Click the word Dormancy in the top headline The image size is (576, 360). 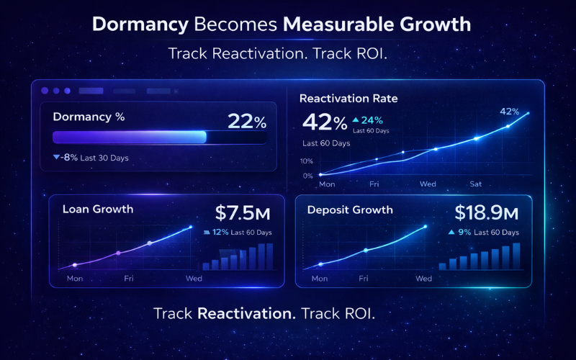tap(140, 24)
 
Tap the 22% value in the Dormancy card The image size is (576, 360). tap(247, 122)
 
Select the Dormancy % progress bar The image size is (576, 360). tap(159, 138)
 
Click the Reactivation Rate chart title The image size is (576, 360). tap(348, 99)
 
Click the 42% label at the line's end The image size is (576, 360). tap(509, 112)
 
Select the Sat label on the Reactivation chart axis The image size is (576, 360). tap(475, 184)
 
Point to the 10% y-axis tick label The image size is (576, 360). tap(307, 161)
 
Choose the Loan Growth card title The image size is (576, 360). tap(98, 210)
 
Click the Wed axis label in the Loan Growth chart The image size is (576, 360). tap(194, 278)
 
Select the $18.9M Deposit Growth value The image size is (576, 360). tap(486, 212)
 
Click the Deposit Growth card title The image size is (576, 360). tap(350, 210)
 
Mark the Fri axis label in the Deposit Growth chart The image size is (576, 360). tap(364, 278)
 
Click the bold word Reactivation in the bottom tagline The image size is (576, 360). tap(246, 314)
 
